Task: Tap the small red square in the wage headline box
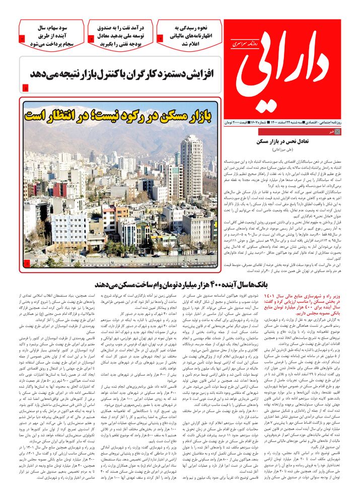pos(25,89)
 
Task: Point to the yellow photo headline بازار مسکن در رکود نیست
pos(121,115)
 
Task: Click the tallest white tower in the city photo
pos(191,166)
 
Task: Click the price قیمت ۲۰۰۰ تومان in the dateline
pos(240,122)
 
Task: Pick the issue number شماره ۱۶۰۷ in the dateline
pos(267,122)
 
